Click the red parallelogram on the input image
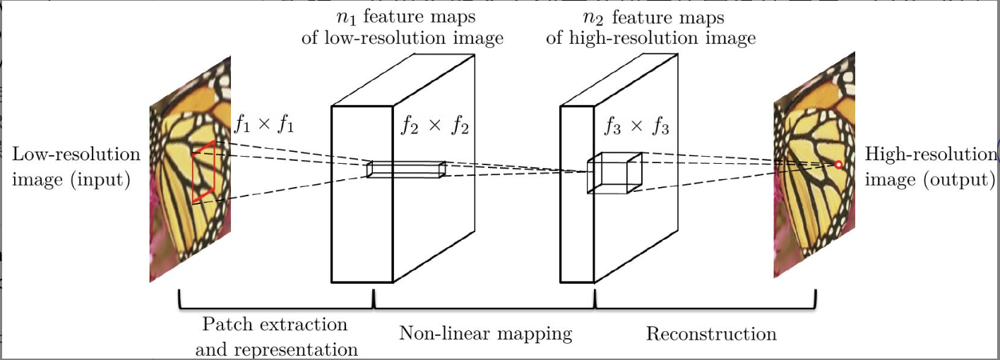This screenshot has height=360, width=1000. point(204,172)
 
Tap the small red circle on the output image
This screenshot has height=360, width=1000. point(838,165)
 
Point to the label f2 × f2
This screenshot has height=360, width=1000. point(434,127)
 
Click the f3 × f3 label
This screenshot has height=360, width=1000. point(636,127)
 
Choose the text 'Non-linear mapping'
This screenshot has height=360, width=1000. point(485,333)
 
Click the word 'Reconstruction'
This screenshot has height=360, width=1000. point(711,333)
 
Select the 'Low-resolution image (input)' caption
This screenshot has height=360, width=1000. point(76,167)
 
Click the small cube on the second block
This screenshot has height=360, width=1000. point(614,172)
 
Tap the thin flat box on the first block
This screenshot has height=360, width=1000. point(406,169)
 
